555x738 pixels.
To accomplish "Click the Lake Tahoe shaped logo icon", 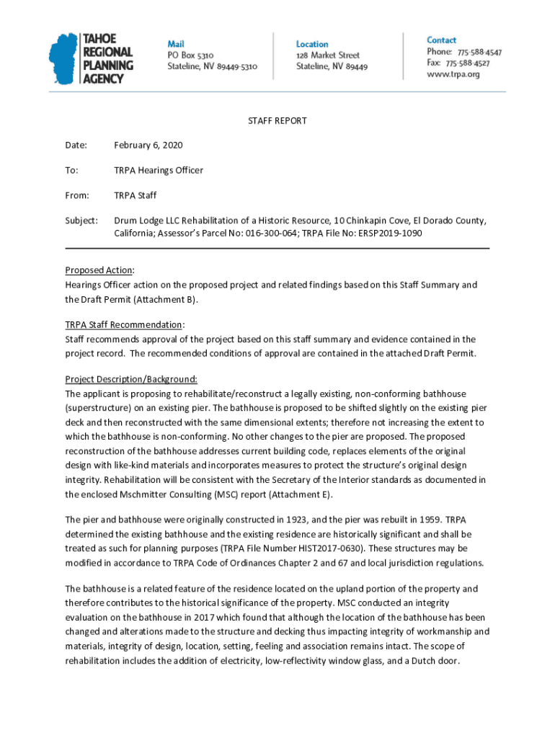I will (63, 60).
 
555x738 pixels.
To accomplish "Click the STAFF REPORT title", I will (277, 121).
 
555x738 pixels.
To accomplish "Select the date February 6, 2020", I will (148, 146).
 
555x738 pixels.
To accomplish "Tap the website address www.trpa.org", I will (453, 74).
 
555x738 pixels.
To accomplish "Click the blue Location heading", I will (311, 44).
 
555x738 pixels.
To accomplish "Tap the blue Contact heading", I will (441, 40).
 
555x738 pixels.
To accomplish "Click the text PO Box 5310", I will (190, 55).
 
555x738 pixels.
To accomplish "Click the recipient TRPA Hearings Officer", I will (159, 170).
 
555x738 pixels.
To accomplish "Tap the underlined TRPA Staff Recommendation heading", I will (124, 324).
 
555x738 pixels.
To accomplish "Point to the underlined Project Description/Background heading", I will (130, 379).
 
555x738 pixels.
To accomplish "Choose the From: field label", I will (77, 195).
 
